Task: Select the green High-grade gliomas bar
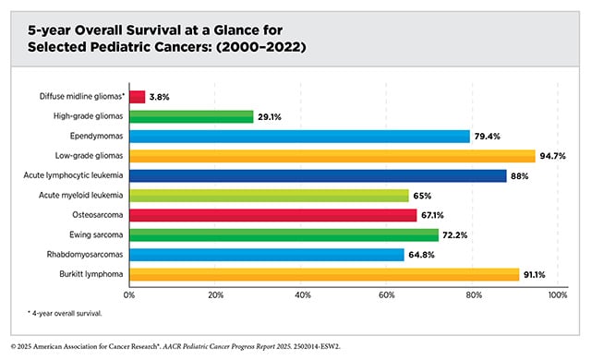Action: point(191,116)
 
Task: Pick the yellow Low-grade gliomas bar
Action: point(332,156)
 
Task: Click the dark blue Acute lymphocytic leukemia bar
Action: point(318,175)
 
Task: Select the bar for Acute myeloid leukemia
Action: point(268,195)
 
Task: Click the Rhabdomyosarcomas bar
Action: point(267,254)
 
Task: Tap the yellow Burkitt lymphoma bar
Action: point(324,274)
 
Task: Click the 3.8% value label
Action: point(161,97)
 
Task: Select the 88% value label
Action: point(521,175)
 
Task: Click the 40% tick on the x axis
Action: point(301,295)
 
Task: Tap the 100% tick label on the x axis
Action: point(557,295)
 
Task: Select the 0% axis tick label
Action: point(129,295)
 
